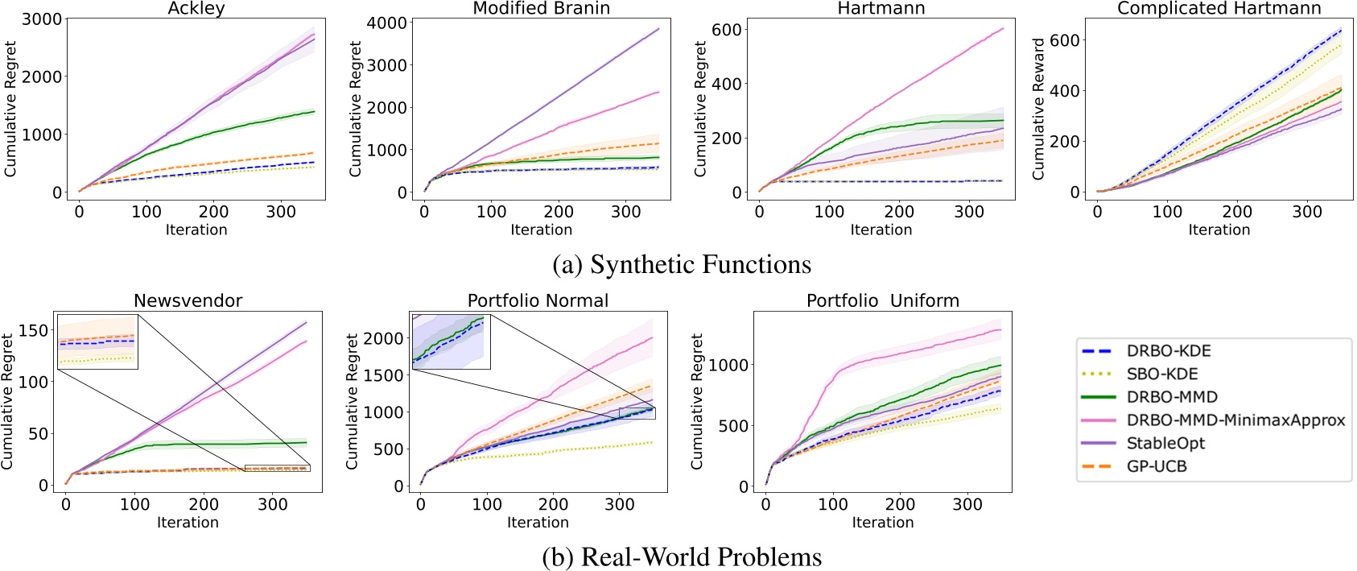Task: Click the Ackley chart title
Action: (x=196, y=9)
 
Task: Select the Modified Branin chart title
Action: (x=541, y=9)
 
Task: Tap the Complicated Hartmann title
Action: (x=1219, y=9)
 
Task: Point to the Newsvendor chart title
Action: (x=188, y=301)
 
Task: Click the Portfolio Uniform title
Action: (x=883, y=301)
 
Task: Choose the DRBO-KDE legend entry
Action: (x=1168, y=351)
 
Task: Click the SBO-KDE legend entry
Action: (x=1161, y=374)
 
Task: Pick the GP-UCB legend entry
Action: (x=1156, y=467)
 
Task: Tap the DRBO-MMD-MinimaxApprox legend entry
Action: (x=1235, y=420)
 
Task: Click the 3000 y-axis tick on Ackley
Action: (x=42, y=19)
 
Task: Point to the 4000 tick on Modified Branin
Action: (x=386, y=23)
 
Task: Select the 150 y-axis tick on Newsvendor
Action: (x=34, y=330)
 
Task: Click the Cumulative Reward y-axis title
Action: (x=1038, y=109)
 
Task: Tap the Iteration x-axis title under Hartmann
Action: (x=881, y=230)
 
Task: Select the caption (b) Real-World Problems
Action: (x=682, y=557)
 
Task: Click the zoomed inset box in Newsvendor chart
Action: (x=97, y=342)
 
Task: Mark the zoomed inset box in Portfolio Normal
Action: (x=451, y=341)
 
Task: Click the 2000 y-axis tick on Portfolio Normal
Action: (x=383, y=338)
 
